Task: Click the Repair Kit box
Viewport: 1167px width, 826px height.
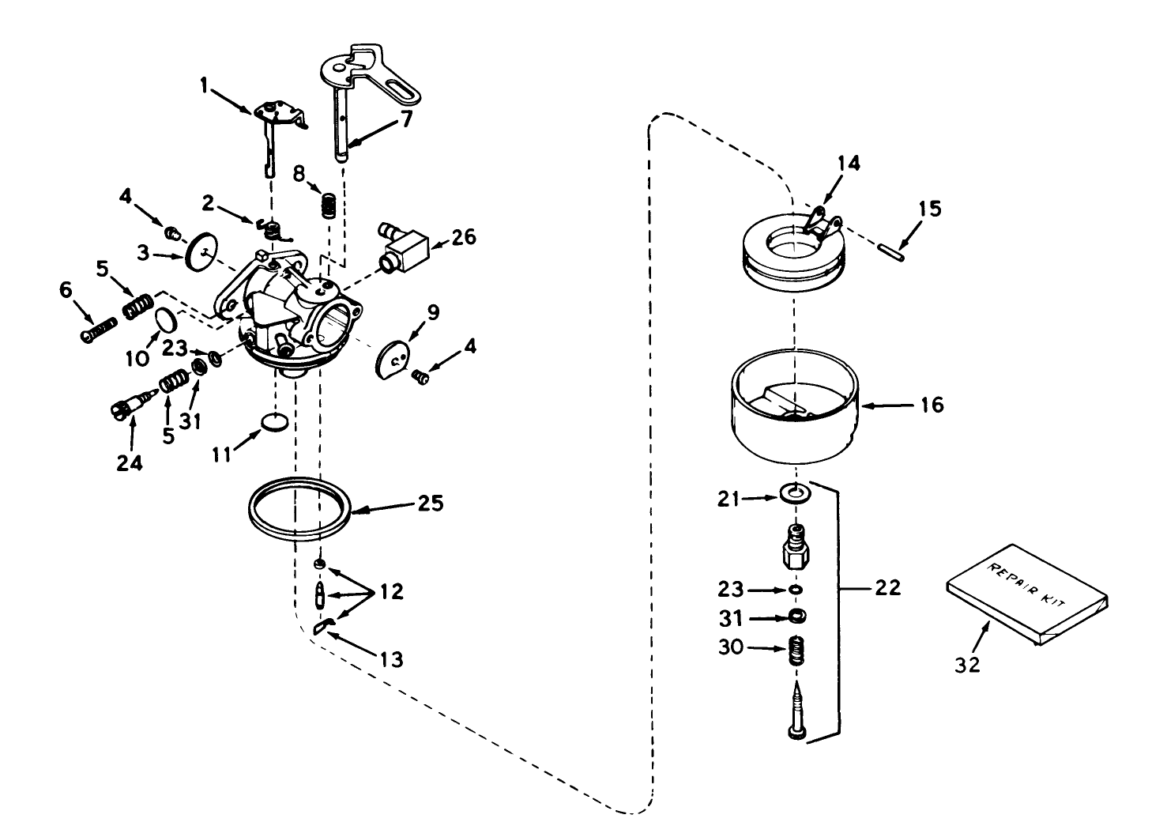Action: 1028,594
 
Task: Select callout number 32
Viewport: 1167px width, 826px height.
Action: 967,665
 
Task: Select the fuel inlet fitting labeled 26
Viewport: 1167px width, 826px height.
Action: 406,246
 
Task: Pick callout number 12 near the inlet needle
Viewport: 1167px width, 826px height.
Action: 392,591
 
